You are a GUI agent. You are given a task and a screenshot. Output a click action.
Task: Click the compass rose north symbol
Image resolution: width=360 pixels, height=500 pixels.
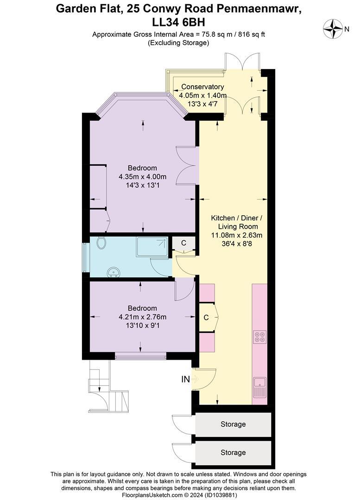tap(333, 29)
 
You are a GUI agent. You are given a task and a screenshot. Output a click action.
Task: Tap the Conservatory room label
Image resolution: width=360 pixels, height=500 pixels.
tap(202, 87)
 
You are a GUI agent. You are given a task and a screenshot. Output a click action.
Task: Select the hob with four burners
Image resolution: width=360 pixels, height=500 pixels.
tap(259, 337)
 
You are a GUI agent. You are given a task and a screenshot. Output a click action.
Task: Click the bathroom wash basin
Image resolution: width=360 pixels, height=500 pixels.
tap(113, 272)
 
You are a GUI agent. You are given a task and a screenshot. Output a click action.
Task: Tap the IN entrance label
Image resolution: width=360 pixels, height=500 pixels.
tap(185, 380)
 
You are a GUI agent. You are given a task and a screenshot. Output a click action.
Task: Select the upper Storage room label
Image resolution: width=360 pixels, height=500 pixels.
tap(233, 424)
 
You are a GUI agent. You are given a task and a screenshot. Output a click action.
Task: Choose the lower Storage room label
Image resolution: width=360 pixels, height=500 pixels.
tap(233, 452)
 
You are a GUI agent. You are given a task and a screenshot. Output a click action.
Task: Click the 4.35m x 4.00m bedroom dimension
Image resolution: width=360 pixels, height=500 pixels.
tap(142, 176)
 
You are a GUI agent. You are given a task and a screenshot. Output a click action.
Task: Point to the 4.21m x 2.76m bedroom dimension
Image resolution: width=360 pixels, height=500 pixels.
tap(142, 317)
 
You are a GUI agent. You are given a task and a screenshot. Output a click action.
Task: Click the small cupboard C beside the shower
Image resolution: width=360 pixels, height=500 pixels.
tap(183, 243)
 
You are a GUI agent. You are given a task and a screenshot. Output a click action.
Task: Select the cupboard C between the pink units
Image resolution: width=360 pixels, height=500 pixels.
tap(206, 318)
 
